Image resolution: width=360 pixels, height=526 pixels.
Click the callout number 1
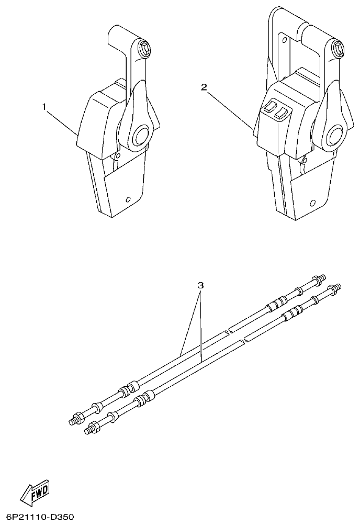tap(45, 106)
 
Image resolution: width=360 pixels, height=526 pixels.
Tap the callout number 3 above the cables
tap(200, 285)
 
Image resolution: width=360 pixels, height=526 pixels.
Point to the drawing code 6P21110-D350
tap(37, 517)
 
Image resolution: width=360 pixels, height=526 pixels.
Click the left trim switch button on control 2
tap(269, 107)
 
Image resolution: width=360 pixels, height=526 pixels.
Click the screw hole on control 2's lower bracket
tap(313, 203)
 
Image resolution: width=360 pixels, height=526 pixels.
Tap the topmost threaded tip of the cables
tap(321, 275)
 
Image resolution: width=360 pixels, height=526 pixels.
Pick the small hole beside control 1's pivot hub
tap(119, 156)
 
